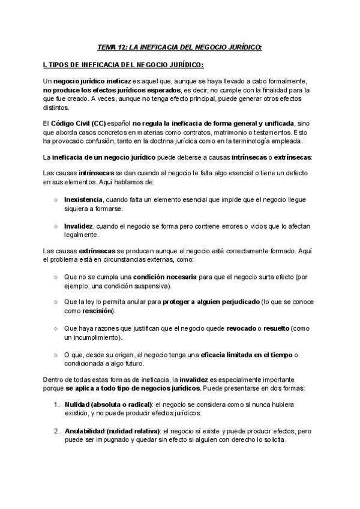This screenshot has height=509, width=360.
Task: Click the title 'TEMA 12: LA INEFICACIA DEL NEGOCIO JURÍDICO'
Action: pyautogui.click(x=180, y=47)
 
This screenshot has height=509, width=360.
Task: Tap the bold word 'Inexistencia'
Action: pyautogui.click(x=83, y=199)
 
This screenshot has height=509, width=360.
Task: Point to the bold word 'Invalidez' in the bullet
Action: pyautogui.click(x=79, y=226)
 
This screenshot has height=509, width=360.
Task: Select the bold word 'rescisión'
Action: pyautogui.click(x=98, y=312)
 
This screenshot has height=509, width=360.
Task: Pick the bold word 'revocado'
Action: pyautogui.click(x=241, y=329)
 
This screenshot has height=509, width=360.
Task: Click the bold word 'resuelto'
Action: pyautogui.click(x=277, y=329)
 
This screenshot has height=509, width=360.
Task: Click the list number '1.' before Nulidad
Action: pyautogui.click(x=56, y=405)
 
